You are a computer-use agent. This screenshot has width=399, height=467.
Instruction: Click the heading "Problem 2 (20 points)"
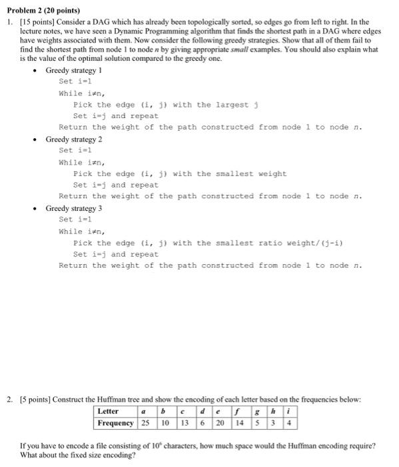coord(41,11)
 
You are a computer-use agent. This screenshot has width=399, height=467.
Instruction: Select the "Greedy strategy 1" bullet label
coord(74,70)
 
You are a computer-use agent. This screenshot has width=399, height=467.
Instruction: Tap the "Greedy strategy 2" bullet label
coord(74,139)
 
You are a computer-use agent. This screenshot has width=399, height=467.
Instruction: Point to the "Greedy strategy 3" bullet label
coord(74,209)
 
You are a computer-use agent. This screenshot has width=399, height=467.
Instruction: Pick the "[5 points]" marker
coord(34,399)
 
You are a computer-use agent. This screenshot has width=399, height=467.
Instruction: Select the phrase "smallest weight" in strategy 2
coord(253,174)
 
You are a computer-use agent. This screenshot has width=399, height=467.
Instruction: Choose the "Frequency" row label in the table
coord(116,423)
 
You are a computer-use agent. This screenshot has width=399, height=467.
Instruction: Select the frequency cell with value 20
coord(219,423)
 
